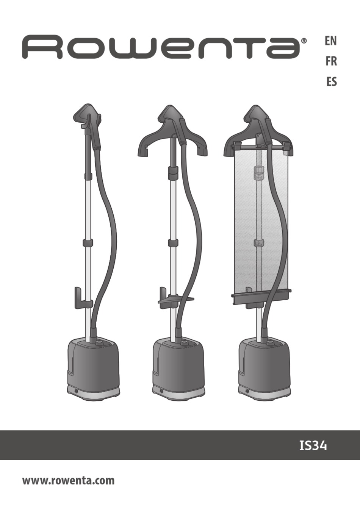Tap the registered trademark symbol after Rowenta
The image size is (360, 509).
(x=304, y=41)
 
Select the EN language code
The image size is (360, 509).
(x=330, y=41)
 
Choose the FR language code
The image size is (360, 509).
(x=331, y=62)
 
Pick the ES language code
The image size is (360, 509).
(x=331, y=82)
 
